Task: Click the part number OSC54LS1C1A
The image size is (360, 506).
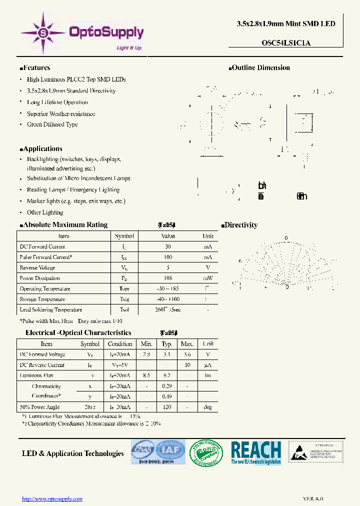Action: coord(286,43)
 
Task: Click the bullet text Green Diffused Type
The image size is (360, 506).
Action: coord(52,124)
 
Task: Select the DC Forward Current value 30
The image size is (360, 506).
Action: coord(167,246)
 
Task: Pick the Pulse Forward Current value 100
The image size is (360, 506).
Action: coord(167,257)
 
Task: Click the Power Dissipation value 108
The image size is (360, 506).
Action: coord(167,278)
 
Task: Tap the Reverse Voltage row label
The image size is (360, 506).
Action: coord(37,267)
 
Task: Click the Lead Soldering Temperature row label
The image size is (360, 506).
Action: coord(50,310)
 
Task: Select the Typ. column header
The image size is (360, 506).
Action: coord(167,344)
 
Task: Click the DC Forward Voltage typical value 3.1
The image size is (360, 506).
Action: coord(167,354)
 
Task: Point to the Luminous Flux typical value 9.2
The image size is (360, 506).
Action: coord(167,375)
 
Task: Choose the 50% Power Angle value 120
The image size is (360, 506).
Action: coord(167,407)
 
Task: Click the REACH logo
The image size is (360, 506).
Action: coord(255,452)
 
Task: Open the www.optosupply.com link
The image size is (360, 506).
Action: coord(52,498)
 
